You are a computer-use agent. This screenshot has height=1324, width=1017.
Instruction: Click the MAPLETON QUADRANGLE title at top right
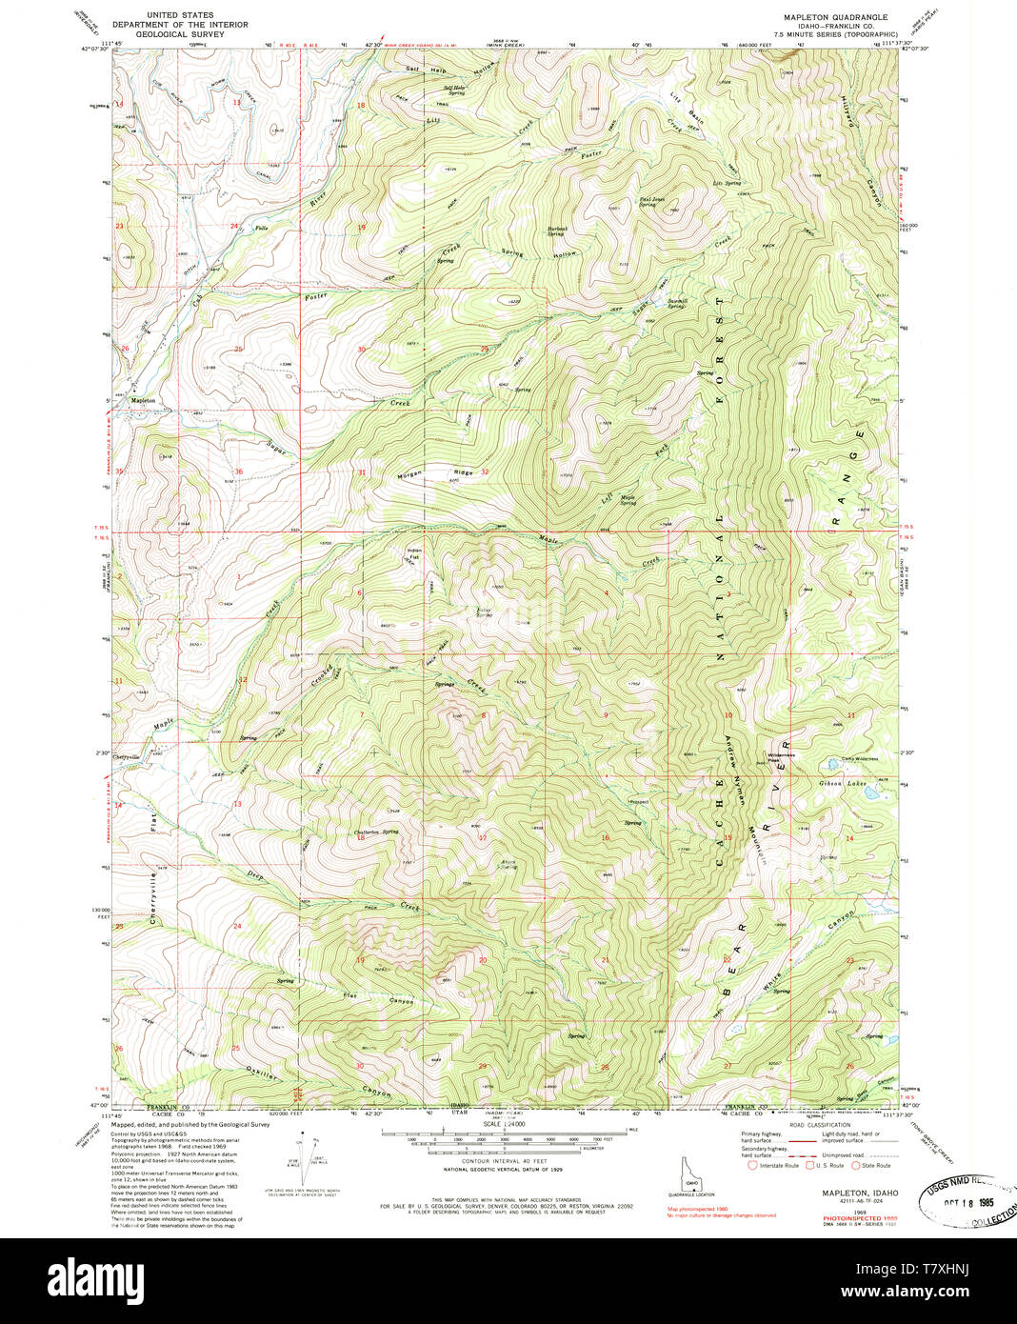835,17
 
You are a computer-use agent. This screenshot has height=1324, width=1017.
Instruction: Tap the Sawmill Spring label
676,304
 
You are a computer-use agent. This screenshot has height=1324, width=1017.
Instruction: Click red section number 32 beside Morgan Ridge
485,471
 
